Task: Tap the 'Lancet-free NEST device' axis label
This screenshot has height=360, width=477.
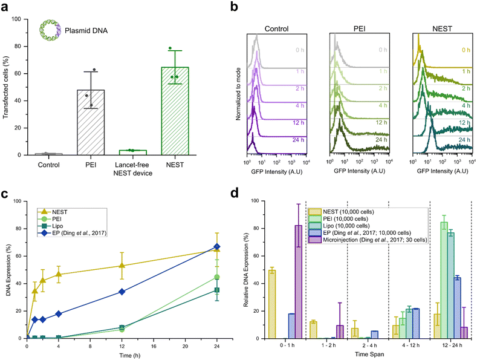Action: [134, 167]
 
